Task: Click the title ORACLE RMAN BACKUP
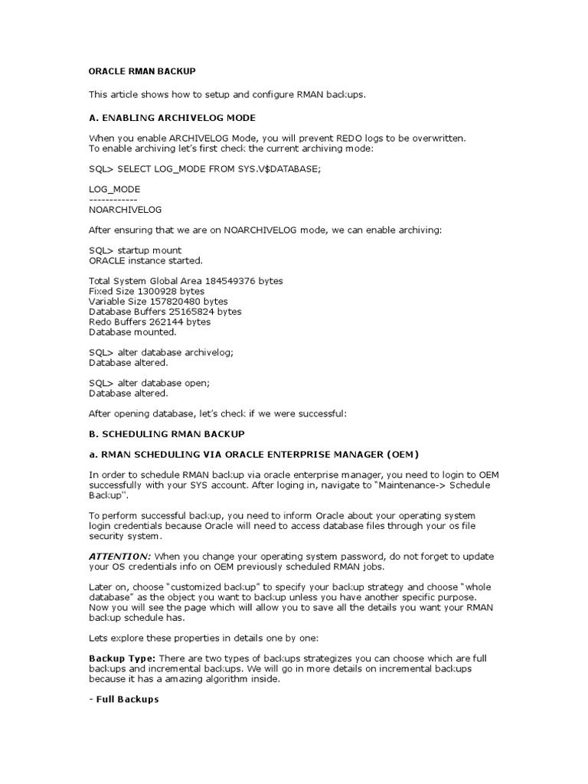[x=142, y=71]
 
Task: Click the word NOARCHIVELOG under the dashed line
[x=126, y=209]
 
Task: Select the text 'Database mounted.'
[x=132, y=332]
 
